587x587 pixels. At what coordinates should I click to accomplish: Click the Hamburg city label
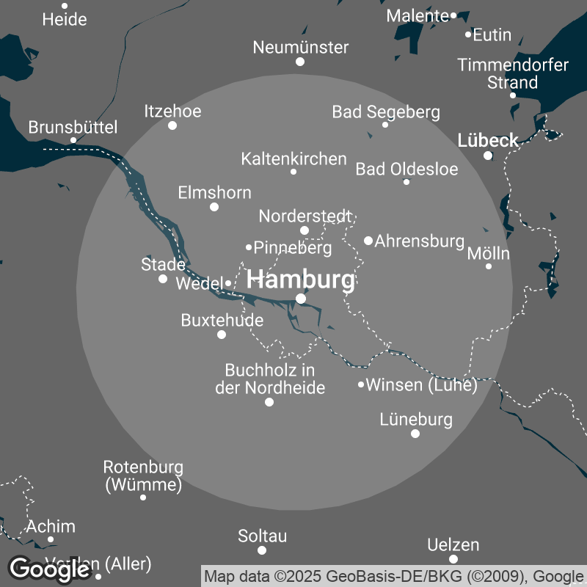point(300,280)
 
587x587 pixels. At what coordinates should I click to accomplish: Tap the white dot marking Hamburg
point(300,298)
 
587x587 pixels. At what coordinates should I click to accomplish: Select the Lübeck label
point(487,139)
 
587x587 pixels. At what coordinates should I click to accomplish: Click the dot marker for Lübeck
point(487,155)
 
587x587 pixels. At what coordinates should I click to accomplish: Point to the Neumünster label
point(300,48)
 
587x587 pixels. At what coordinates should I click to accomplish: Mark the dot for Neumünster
point(300,62)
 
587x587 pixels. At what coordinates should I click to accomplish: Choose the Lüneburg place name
point(416,420)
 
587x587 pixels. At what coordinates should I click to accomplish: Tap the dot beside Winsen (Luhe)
point(361,384)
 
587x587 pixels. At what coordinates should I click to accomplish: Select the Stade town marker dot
point(163,279)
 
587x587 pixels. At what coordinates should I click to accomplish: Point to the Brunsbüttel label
point(73,128)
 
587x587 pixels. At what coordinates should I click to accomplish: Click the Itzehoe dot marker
point(172,125)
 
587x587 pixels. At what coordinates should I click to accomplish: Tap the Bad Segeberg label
point(386,112)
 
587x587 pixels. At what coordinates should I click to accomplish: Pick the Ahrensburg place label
point(420,241)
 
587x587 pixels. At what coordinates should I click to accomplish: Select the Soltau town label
point(262,536)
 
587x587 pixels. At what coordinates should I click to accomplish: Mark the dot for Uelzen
point(453,559)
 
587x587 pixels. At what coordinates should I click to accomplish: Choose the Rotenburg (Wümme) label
point(143,475)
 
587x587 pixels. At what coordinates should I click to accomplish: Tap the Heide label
point(65,20)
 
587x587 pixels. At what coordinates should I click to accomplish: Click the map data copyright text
point(393,575)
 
